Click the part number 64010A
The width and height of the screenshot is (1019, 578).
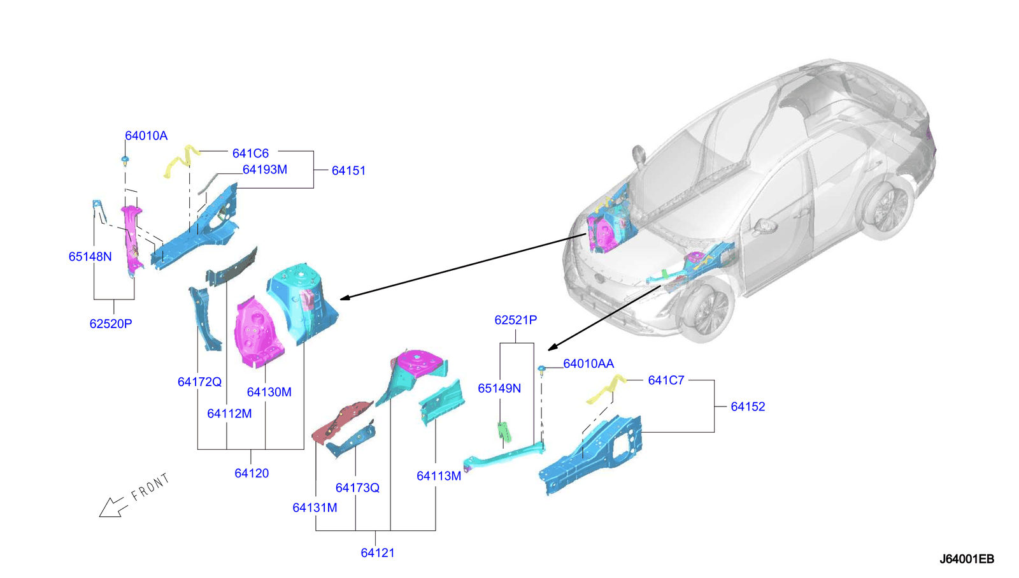[146, 136]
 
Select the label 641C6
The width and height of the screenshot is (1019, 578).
[250, 154]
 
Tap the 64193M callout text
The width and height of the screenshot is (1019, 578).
[265, 170]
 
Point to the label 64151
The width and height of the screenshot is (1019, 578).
[348, 171]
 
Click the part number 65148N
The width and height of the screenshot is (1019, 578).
[90, 257]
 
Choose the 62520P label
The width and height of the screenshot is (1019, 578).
[111, 324]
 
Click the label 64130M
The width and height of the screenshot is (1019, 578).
[269, 393]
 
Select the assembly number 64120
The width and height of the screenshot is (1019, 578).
[252, 473]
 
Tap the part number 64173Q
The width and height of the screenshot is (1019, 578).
[357, 488]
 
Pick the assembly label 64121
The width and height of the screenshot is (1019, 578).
[378, 553]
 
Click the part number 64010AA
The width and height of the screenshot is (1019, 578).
[588, 364]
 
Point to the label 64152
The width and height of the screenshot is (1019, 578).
[748, 407]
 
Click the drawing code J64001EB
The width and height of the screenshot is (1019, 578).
[966, 560]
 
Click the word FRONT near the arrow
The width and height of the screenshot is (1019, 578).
[150, 487]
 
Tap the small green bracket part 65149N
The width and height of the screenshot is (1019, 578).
[504, 431]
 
